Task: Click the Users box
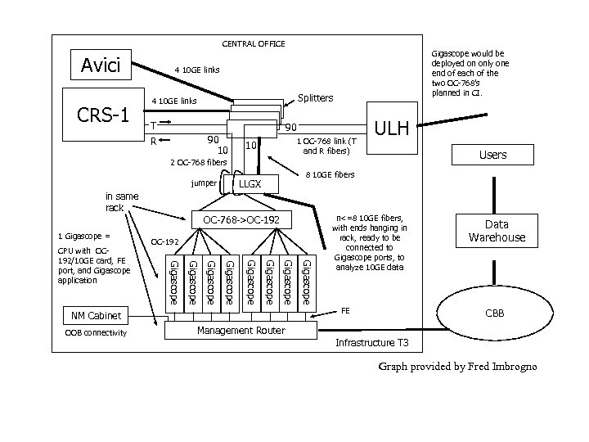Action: click(x=492, y=155)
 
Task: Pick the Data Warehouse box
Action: click(x=497, y=231)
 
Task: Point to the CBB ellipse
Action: click(x=496, y=313)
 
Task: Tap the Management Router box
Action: click(x=241, y=331)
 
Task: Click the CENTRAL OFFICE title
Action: click(x=254, y=43)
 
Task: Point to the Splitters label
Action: click(x=315, y=98)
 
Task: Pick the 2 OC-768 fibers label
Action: click(x=196, y=161)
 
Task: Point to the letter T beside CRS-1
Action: click(x=152, y=126)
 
